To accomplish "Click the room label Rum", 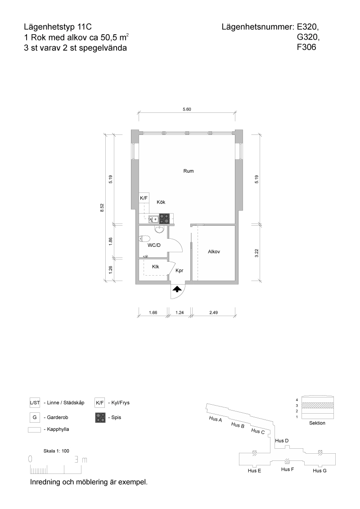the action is pos(189,171).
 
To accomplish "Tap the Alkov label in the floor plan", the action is pos(214,252).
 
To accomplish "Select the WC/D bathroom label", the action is pos(154,246).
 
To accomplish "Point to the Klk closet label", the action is pos(156,267).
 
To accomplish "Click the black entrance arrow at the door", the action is pos(177,289).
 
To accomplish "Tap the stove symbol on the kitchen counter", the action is pos(164,218).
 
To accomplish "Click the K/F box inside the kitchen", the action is pos(144,198).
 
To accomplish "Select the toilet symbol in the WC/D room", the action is pos(144,239).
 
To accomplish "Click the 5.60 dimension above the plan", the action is pos(187,109).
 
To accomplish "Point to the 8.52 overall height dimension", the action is pos(102,208).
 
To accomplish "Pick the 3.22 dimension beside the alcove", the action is pos(256,253).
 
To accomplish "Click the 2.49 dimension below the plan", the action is pos(213,313).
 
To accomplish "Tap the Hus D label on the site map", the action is pos(282,441).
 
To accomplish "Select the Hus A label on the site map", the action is pos(216,419).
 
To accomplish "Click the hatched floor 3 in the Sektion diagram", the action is pos(317,406).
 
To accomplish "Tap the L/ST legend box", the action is pos(35,403).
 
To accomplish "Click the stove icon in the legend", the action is pos(100,417).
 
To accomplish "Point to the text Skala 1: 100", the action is pos(56,451).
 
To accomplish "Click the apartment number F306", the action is pos(306,47).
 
